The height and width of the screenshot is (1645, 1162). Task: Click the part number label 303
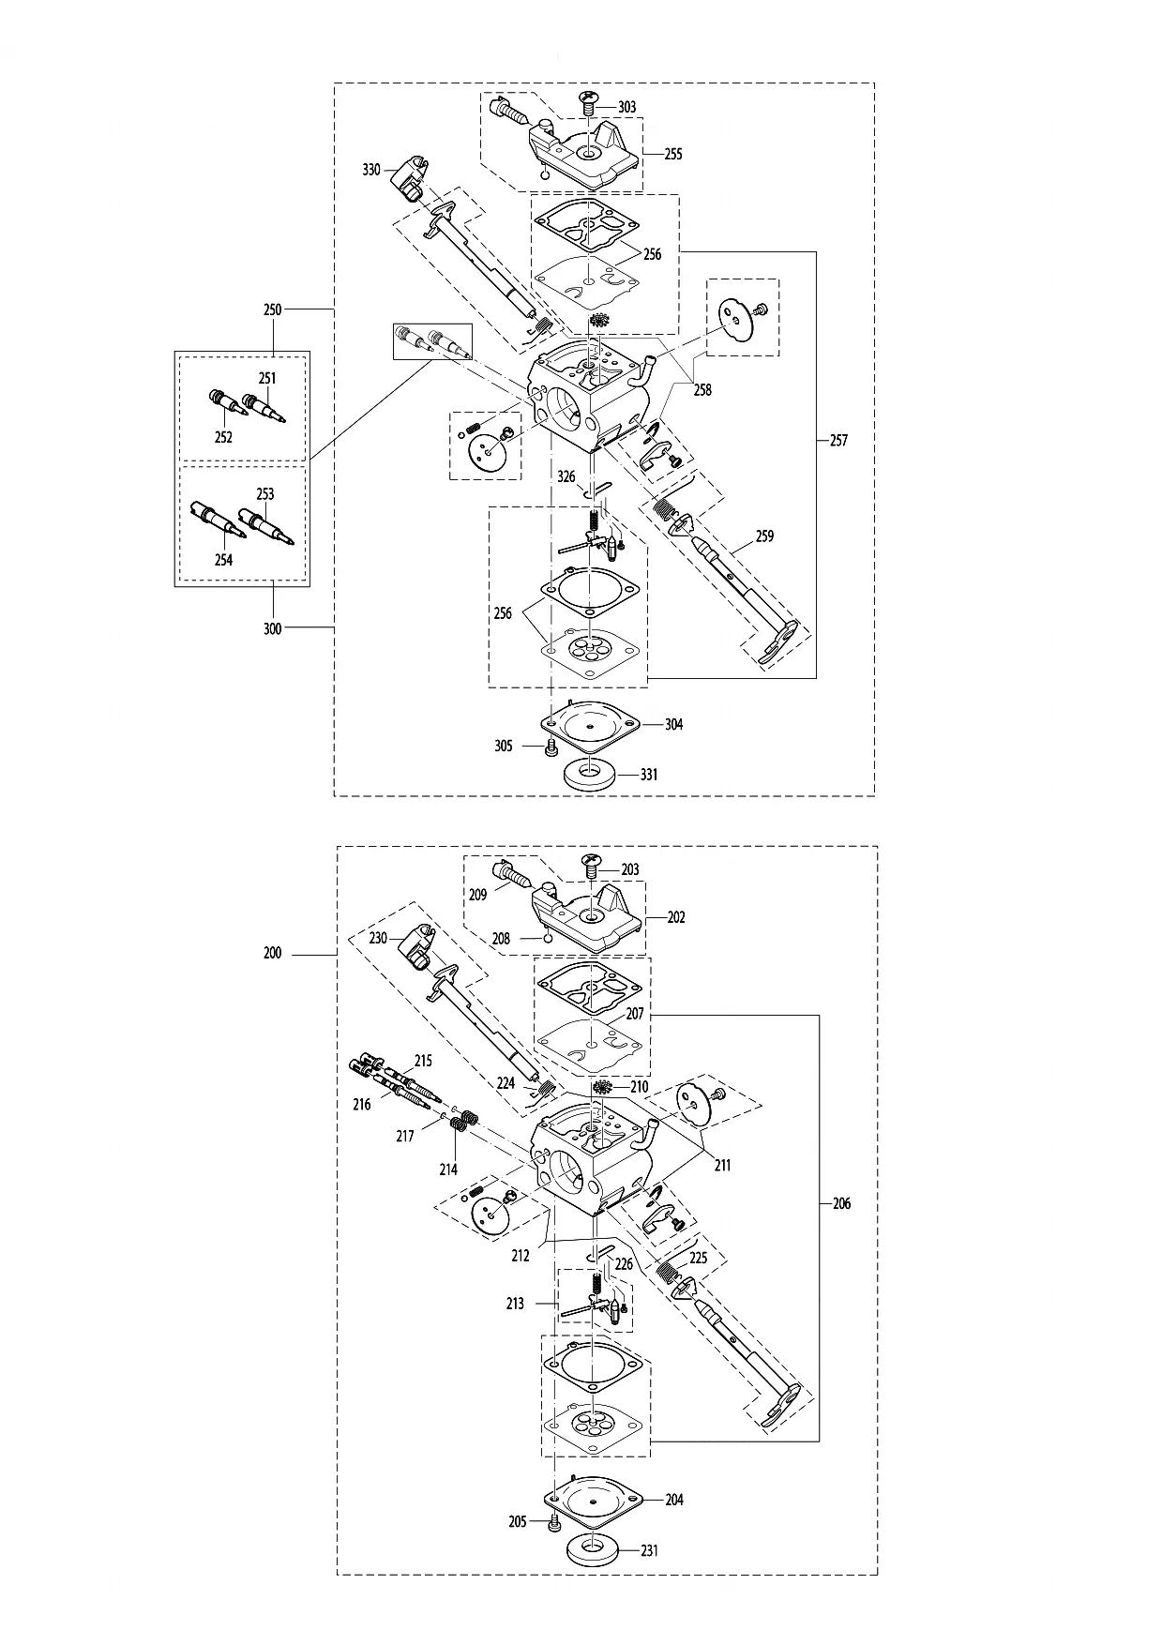pyautogui.click(x=626, y=107)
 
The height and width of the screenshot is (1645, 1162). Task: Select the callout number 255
pyautogui.click(x=672, y=155)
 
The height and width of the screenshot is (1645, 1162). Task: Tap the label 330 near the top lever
pyautogui.click(x=371, y=170)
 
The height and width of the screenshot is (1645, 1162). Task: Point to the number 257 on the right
pyautogui.click(x=838, y=440)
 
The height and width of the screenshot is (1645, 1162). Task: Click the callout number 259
pyautogui.click(x=764, y=536)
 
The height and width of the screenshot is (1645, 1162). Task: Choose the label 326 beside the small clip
pyautogui.click(x=566, y=477)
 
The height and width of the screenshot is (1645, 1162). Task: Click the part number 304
pyautogui.click(x=673, y=724)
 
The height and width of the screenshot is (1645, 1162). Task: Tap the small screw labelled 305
pyautogui.click(x=551, y=747)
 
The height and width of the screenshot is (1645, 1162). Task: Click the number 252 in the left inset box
pyautogui.click(x=223, y=437)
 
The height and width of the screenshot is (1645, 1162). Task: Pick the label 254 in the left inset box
pyautogui.click(x=223, y=560)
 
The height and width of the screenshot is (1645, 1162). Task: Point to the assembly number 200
pyautogui.click(x=272, y=953)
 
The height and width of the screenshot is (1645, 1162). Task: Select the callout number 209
pyautogui.click(x=477, y=895)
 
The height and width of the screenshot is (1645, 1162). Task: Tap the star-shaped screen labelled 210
pyautogui.click(x=602, y=1088)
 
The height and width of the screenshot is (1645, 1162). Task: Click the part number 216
pyautogui.click(x=362, y=1105)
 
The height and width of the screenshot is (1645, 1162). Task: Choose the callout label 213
pyautogui.click(x=515, y=1304)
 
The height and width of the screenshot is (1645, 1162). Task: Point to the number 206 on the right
pyautogui.click(x=841, y=1203)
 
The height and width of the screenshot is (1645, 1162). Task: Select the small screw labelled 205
pyautogui.click(x=552, y=1521)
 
